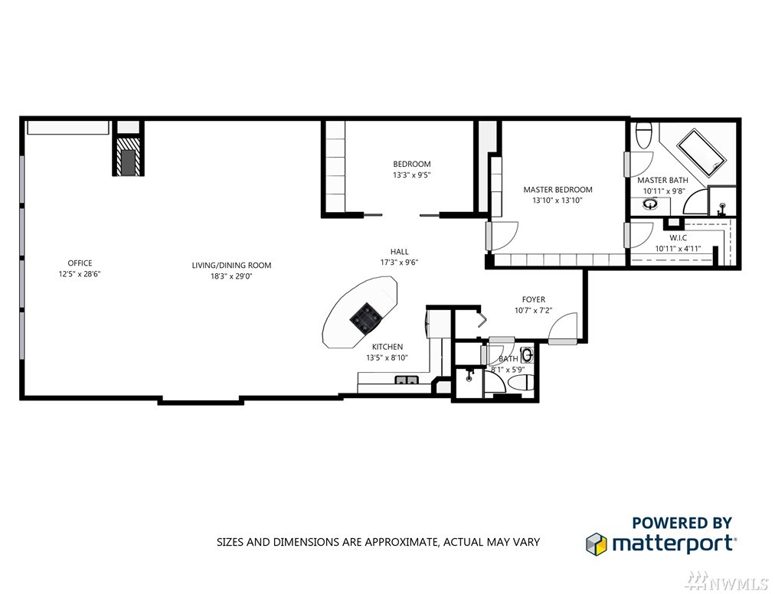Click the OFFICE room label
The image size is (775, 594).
tap(80, 263)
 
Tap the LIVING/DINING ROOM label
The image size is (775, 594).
tap(231, 266)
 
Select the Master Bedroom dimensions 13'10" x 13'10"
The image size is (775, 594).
tap(558, 201)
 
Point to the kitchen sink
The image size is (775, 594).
tap(407, 380)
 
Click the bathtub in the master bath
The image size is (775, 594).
tap(701, 152)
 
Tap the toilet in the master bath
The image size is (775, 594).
tap(643, 134)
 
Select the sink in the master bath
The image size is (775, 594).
tap(649, 204)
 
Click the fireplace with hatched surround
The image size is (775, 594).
tap(129, 156)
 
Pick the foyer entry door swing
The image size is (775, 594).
tap(563, 327)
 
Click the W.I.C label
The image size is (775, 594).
tap(679, 238)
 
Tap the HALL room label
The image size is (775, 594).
tap(399, 252)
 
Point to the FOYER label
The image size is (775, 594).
tap(533, 299)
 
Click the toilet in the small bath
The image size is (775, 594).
tap(521, 383)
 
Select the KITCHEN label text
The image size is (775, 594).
tap(387, 347)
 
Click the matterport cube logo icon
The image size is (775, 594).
tap(596, 543)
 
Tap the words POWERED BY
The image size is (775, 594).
tap(682, 522)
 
